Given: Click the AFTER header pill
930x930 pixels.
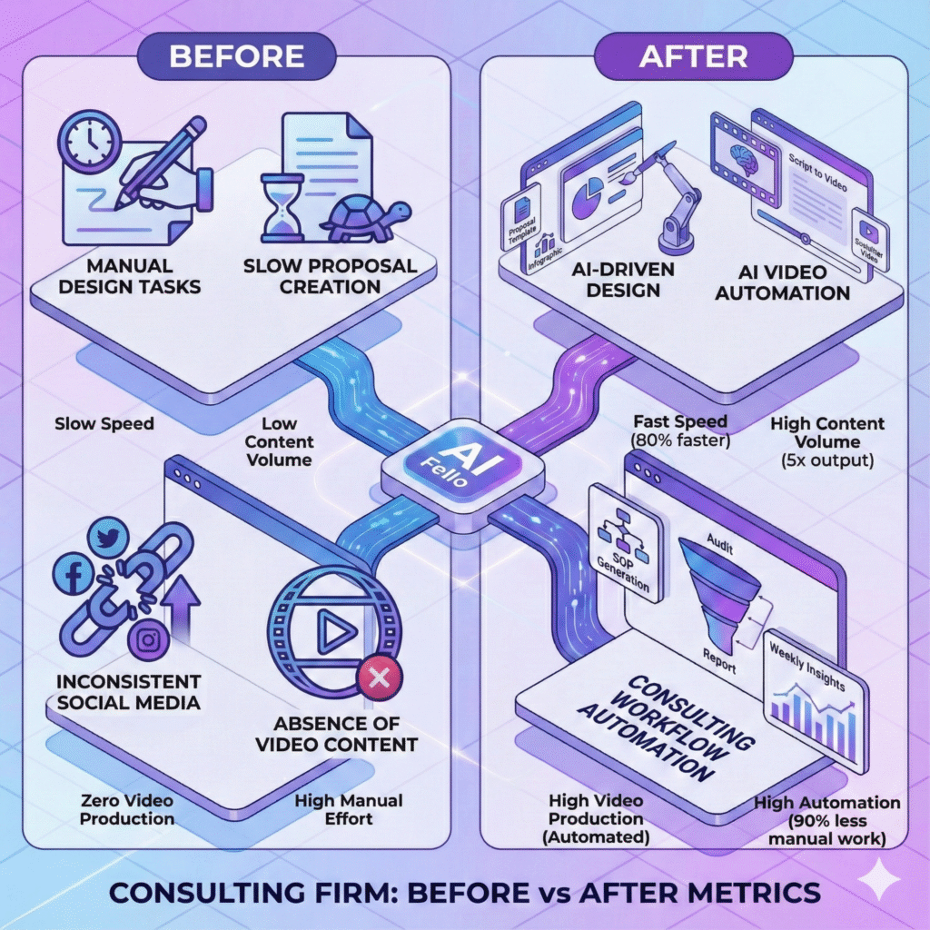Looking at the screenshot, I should click(x=693, y=56).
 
